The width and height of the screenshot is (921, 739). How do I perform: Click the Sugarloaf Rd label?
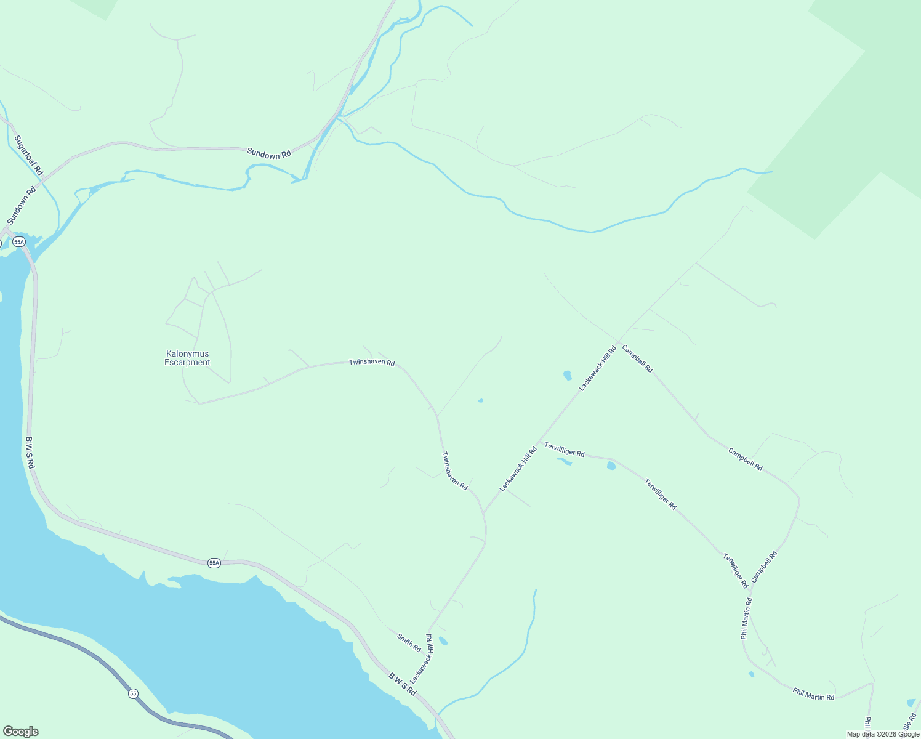point(28,155)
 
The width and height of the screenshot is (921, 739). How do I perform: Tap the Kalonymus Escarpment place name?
point(187,358)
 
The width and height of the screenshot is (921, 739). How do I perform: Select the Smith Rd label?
point(409,643)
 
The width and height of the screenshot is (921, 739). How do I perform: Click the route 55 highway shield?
point(134,694)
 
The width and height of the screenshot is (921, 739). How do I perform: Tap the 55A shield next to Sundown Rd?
point(18,242)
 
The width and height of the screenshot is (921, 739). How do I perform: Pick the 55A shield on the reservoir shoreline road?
point(214,563)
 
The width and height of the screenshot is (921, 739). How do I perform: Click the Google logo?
point(20,732)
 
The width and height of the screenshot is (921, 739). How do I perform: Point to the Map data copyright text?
point(882,733)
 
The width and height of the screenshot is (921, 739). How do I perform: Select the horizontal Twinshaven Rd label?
point(372,363)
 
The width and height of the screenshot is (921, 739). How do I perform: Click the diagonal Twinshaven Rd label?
point(455,471)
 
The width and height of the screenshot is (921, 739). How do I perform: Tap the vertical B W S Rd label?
point(30,453)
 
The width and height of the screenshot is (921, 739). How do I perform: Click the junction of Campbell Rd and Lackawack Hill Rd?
point(619,342)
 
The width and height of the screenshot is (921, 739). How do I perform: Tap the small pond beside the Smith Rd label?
point(443,641)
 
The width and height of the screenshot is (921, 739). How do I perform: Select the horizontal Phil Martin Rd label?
point(813,694)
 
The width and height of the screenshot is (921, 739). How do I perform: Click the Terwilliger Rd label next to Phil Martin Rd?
point(735,571)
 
